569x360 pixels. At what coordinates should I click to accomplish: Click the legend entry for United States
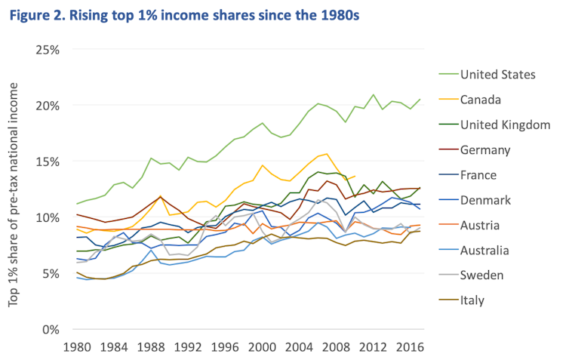497,74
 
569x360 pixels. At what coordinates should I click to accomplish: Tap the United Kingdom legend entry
505,125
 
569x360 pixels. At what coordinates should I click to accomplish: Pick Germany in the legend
486,149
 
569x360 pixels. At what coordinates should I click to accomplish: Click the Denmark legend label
486,200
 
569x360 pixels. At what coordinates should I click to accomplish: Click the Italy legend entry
472,300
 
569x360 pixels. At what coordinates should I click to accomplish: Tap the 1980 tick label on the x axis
78,348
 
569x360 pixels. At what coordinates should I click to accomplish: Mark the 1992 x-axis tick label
188,348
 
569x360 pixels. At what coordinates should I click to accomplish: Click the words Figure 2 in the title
39,14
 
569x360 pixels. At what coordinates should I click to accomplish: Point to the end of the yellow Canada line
355,176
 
